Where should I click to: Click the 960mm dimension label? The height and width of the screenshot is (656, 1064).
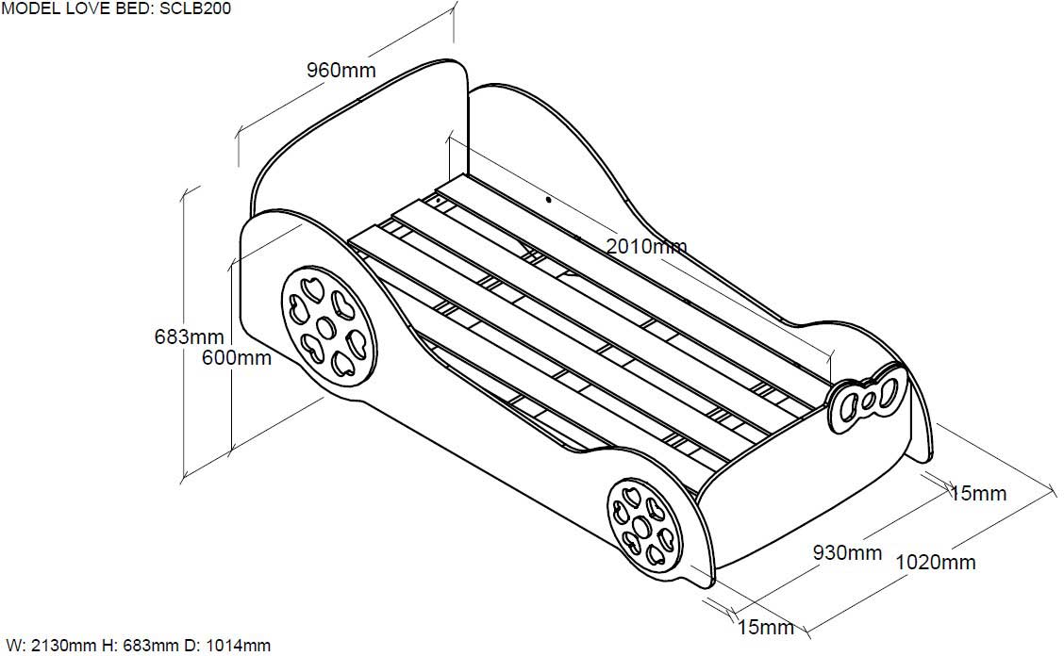[341, 69]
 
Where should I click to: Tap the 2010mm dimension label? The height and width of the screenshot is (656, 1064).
[646, 246]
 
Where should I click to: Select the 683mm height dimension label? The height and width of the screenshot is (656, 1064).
[189, 336]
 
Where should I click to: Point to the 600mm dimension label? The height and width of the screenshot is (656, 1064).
[236, 357]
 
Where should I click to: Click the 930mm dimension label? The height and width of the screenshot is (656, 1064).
[848, 552]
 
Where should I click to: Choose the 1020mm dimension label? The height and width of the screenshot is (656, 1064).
[936, 562]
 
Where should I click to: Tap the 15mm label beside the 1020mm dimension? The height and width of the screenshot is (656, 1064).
[978, 493]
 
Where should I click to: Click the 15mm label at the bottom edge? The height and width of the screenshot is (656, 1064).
[765, 627]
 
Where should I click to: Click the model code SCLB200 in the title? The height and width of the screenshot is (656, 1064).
[195, 8]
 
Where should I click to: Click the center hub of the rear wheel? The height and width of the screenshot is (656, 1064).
[326, 328]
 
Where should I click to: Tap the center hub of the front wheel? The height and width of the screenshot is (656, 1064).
[641, 527]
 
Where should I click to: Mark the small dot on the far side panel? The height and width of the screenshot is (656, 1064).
[548, 200]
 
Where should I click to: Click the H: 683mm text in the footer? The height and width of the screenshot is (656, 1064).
[141, 645]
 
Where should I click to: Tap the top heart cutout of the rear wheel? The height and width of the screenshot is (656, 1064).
[312, 286]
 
